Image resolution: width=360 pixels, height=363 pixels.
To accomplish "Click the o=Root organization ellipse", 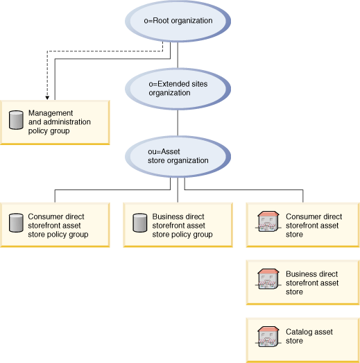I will pyautogui.click(x=178, y=21).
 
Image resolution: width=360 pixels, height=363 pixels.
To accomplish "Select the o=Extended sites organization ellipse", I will pyautogui.click(x=178, y=87).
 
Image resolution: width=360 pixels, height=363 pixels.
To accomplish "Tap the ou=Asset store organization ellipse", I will pyautogui.click(x=178, y=155).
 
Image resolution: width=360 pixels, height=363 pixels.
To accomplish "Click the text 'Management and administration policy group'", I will pyautogui.click(x=59, y=121).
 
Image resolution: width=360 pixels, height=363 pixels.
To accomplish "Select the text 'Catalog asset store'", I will pyautogui.click(x=309, y=337).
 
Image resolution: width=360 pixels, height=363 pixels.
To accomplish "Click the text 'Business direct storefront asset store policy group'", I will pyautogui.click(x=182, y=226).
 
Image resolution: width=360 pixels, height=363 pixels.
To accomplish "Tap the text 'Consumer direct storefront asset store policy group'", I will pyautogui.click(x=58, y=226).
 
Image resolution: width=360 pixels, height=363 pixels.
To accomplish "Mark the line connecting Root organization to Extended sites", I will pyautogui.click(x=178, y=55).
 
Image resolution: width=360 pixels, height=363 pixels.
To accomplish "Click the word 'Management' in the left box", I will pyautogui.click(x=51, y=113).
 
